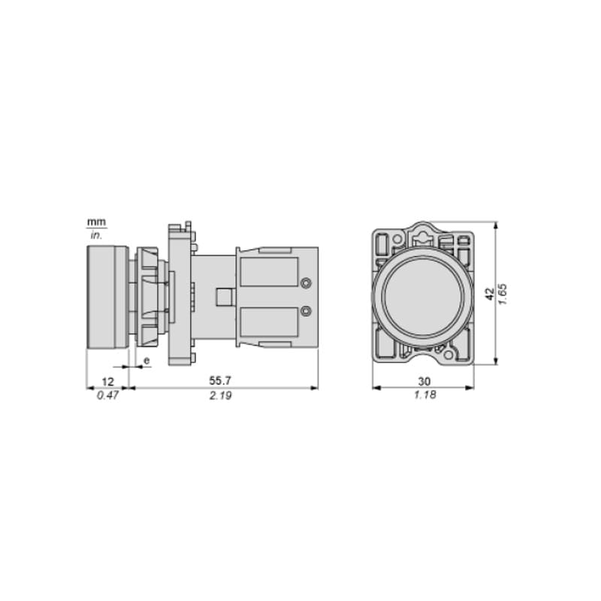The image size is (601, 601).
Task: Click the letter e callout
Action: tap(146, 361)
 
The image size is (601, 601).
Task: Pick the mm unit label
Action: tap(96, 222)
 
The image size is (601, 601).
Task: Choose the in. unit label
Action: tap(96, 235)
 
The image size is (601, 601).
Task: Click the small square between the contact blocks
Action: tap(223, 297)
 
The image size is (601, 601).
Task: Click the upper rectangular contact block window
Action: tap(269, 271)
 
